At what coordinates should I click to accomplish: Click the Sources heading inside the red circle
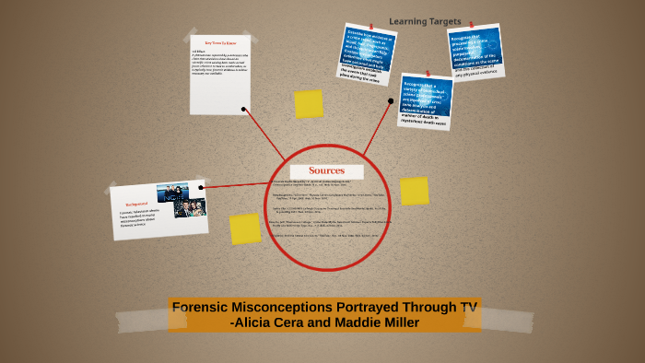tap(326, 170)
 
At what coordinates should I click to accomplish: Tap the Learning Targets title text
tap(425, 21)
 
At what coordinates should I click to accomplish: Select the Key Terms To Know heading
tap(219, 43)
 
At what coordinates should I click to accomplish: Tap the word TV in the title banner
tap(466, 308)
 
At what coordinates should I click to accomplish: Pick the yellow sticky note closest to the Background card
tap(245, 228)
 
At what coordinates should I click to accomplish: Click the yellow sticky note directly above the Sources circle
tap(309, 104)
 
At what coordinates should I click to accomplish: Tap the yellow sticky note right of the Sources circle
tap(414, 191)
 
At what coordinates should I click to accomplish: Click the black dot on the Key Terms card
tap(243, 109)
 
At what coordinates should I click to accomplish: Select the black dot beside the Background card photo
tap(201, 187)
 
